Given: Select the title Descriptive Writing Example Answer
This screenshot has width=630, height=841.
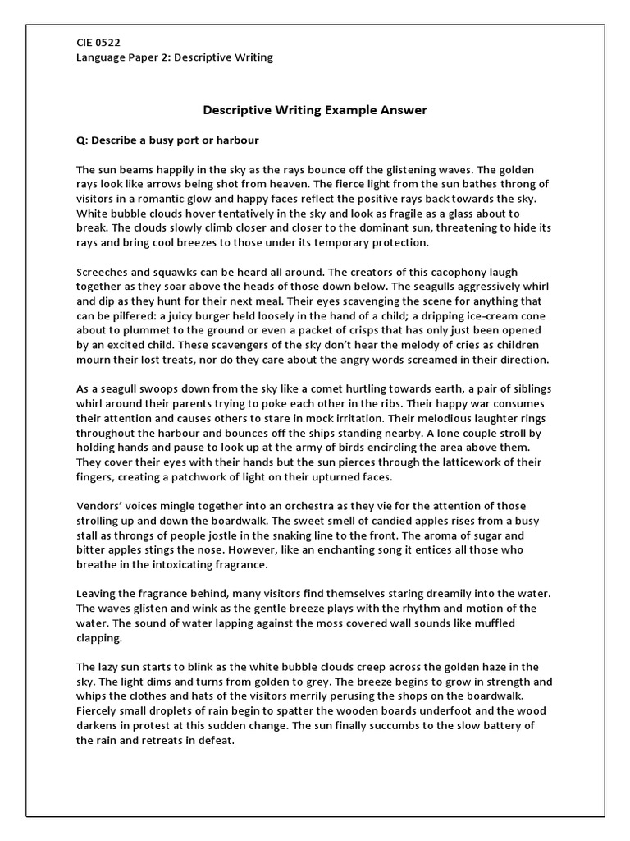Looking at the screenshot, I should pyautogui.click(x=314, y=109).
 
